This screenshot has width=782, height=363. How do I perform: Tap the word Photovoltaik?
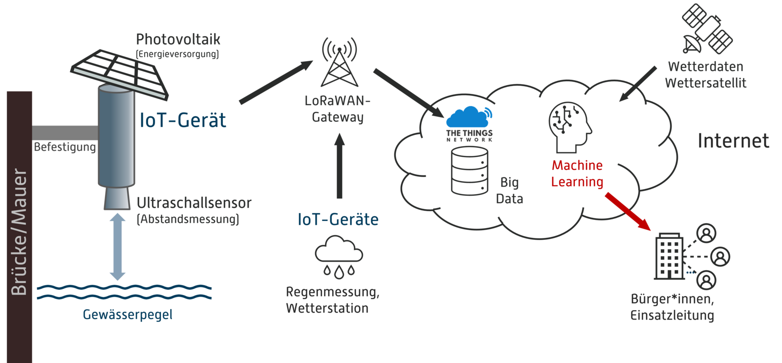[178, 39]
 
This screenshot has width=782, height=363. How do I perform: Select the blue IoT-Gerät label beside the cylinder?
[183, 120]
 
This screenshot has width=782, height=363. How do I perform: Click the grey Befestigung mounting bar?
[65, 132]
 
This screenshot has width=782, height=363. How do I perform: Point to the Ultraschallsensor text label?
[194, 203]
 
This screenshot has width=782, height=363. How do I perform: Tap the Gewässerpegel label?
[128, 314]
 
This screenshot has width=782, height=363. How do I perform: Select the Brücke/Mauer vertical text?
[19, 232]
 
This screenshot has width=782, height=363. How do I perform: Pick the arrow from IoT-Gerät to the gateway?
[276, 82]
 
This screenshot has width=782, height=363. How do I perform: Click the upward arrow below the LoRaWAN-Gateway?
[340, 166]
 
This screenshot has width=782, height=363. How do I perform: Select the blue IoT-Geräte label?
[338, 219]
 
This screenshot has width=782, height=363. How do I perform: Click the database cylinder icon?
[469, 171]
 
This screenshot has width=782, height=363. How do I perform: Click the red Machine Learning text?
[577, 173]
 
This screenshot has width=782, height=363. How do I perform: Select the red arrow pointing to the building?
[628, 211]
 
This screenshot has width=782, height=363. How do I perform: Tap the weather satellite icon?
[707, 29]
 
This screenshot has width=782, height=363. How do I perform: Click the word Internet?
[733, 141]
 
